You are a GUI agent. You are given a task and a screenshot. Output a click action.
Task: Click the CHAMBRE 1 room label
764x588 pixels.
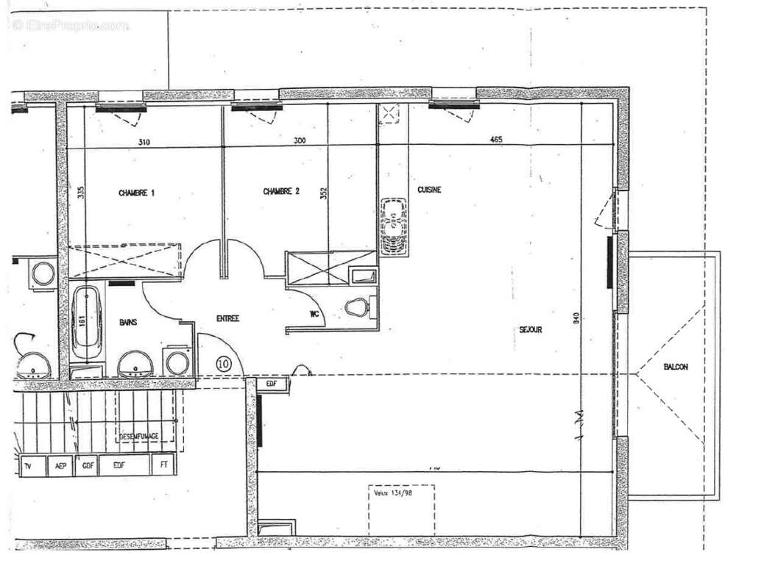click(x=137, y=193)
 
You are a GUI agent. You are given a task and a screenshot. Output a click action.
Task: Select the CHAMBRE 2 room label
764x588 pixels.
click(x=281, y=192)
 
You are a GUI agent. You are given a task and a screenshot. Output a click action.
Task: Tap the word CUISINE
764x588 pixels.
click(x=429, y=190)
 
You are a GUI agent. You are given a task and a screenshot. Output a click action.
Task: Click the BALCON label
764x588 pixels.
click(x=675, y=367)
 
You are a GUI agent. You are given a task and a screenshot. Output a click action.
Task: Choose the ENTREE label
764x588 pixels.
click(x=228, y=318)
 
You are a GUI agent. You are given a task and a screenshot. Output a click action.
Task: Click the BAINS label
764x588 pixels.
click(x=130, y=322)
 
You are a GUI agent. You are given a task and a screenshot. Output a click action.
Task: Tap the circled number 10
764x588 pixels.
click(x=224, y=363)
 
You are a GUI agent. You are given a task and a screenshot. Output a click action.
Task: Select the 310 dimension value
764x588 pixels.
click(x=143, y=142)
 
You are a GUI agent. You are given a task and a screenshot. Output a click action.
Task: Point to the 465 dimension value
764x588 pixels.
click(x=497, y=140)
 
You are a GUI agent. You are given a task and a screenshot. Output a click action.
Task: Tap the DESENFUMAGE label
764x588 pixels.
click(x=138, y=437)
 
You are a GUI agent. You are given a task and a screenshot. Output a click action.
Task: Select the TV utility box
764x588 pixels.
click(x=29, y=466)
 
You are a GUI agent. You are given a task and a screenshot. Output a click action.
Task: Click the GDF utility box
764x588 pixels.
click(x=88, y=466)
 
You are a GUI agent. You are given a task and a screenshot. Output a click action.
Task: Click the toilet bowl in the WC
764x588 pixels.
click(x=357, y=307)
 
